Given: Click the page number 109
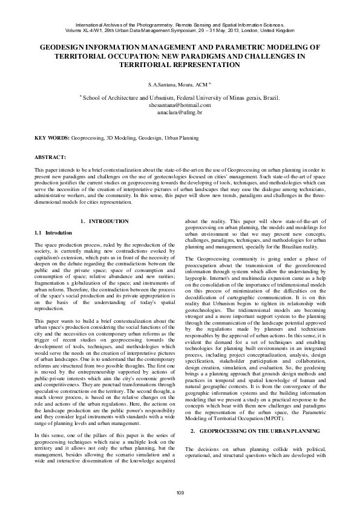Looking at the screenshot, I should pyautogui.click(x=180, y=493).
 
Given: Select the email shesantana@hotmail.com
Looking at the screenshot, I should pyautogui.click(x=179, y=105).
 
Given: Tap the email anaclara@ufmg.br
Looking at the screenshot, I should pyautogui.click(x=179, y=112).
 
